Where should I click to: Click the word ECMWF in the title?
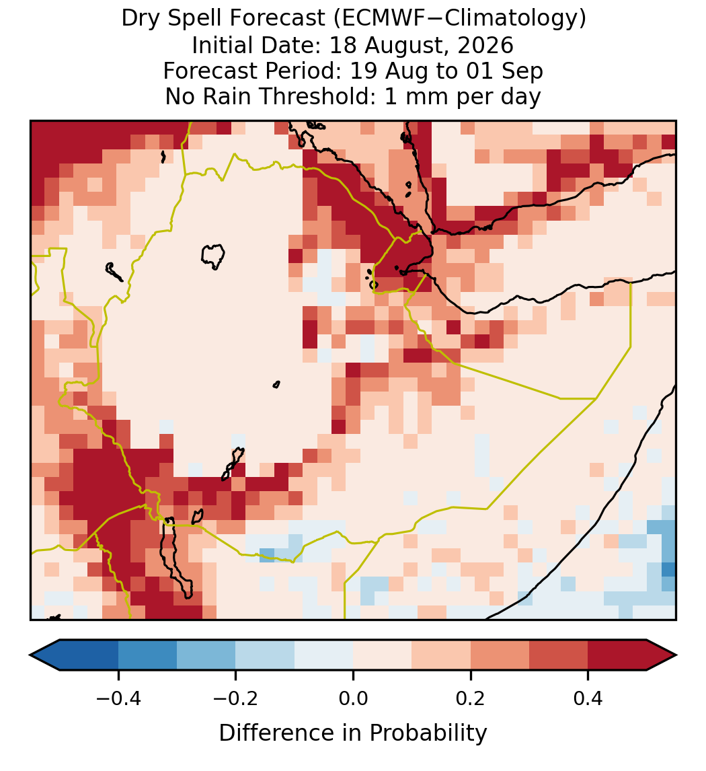(x=375, y=19)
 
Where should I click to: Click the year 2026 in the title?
(x=485, y=45)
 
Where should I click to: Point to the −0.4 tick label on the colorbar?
(x=118, y=698)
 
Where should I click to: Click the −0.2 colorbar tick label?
(x=236, y=698)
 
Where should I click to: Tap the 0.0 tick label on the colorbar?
(x=353, y=698)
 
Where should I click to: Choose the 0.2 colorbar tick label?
(x=471, y=698)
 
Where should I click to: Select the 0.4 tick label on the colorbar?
(x=588, y=698)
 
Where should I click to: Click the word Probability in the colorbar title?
(x=428, y=733)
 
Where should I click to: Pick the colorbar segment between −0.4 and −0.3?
(x=147, y=655)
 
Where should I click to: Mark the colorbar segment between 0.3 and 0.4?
(x=559, y=655)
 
